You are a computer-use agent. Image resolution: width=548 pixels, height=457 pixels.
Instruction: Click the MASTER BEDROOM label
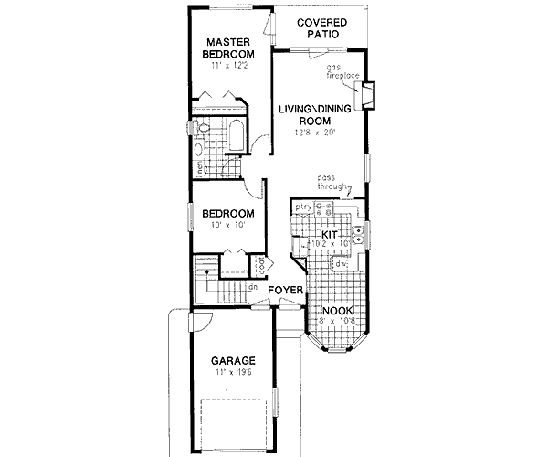227,48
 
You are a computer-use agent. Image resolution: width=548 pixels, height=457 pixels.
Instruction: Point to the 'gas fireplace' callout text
342,72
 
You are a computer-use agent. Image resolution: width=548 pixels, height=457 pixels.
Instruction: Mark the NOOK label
337,312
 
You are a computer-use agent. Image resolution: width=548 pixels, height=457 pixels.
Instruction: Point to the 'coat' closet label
261,266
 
